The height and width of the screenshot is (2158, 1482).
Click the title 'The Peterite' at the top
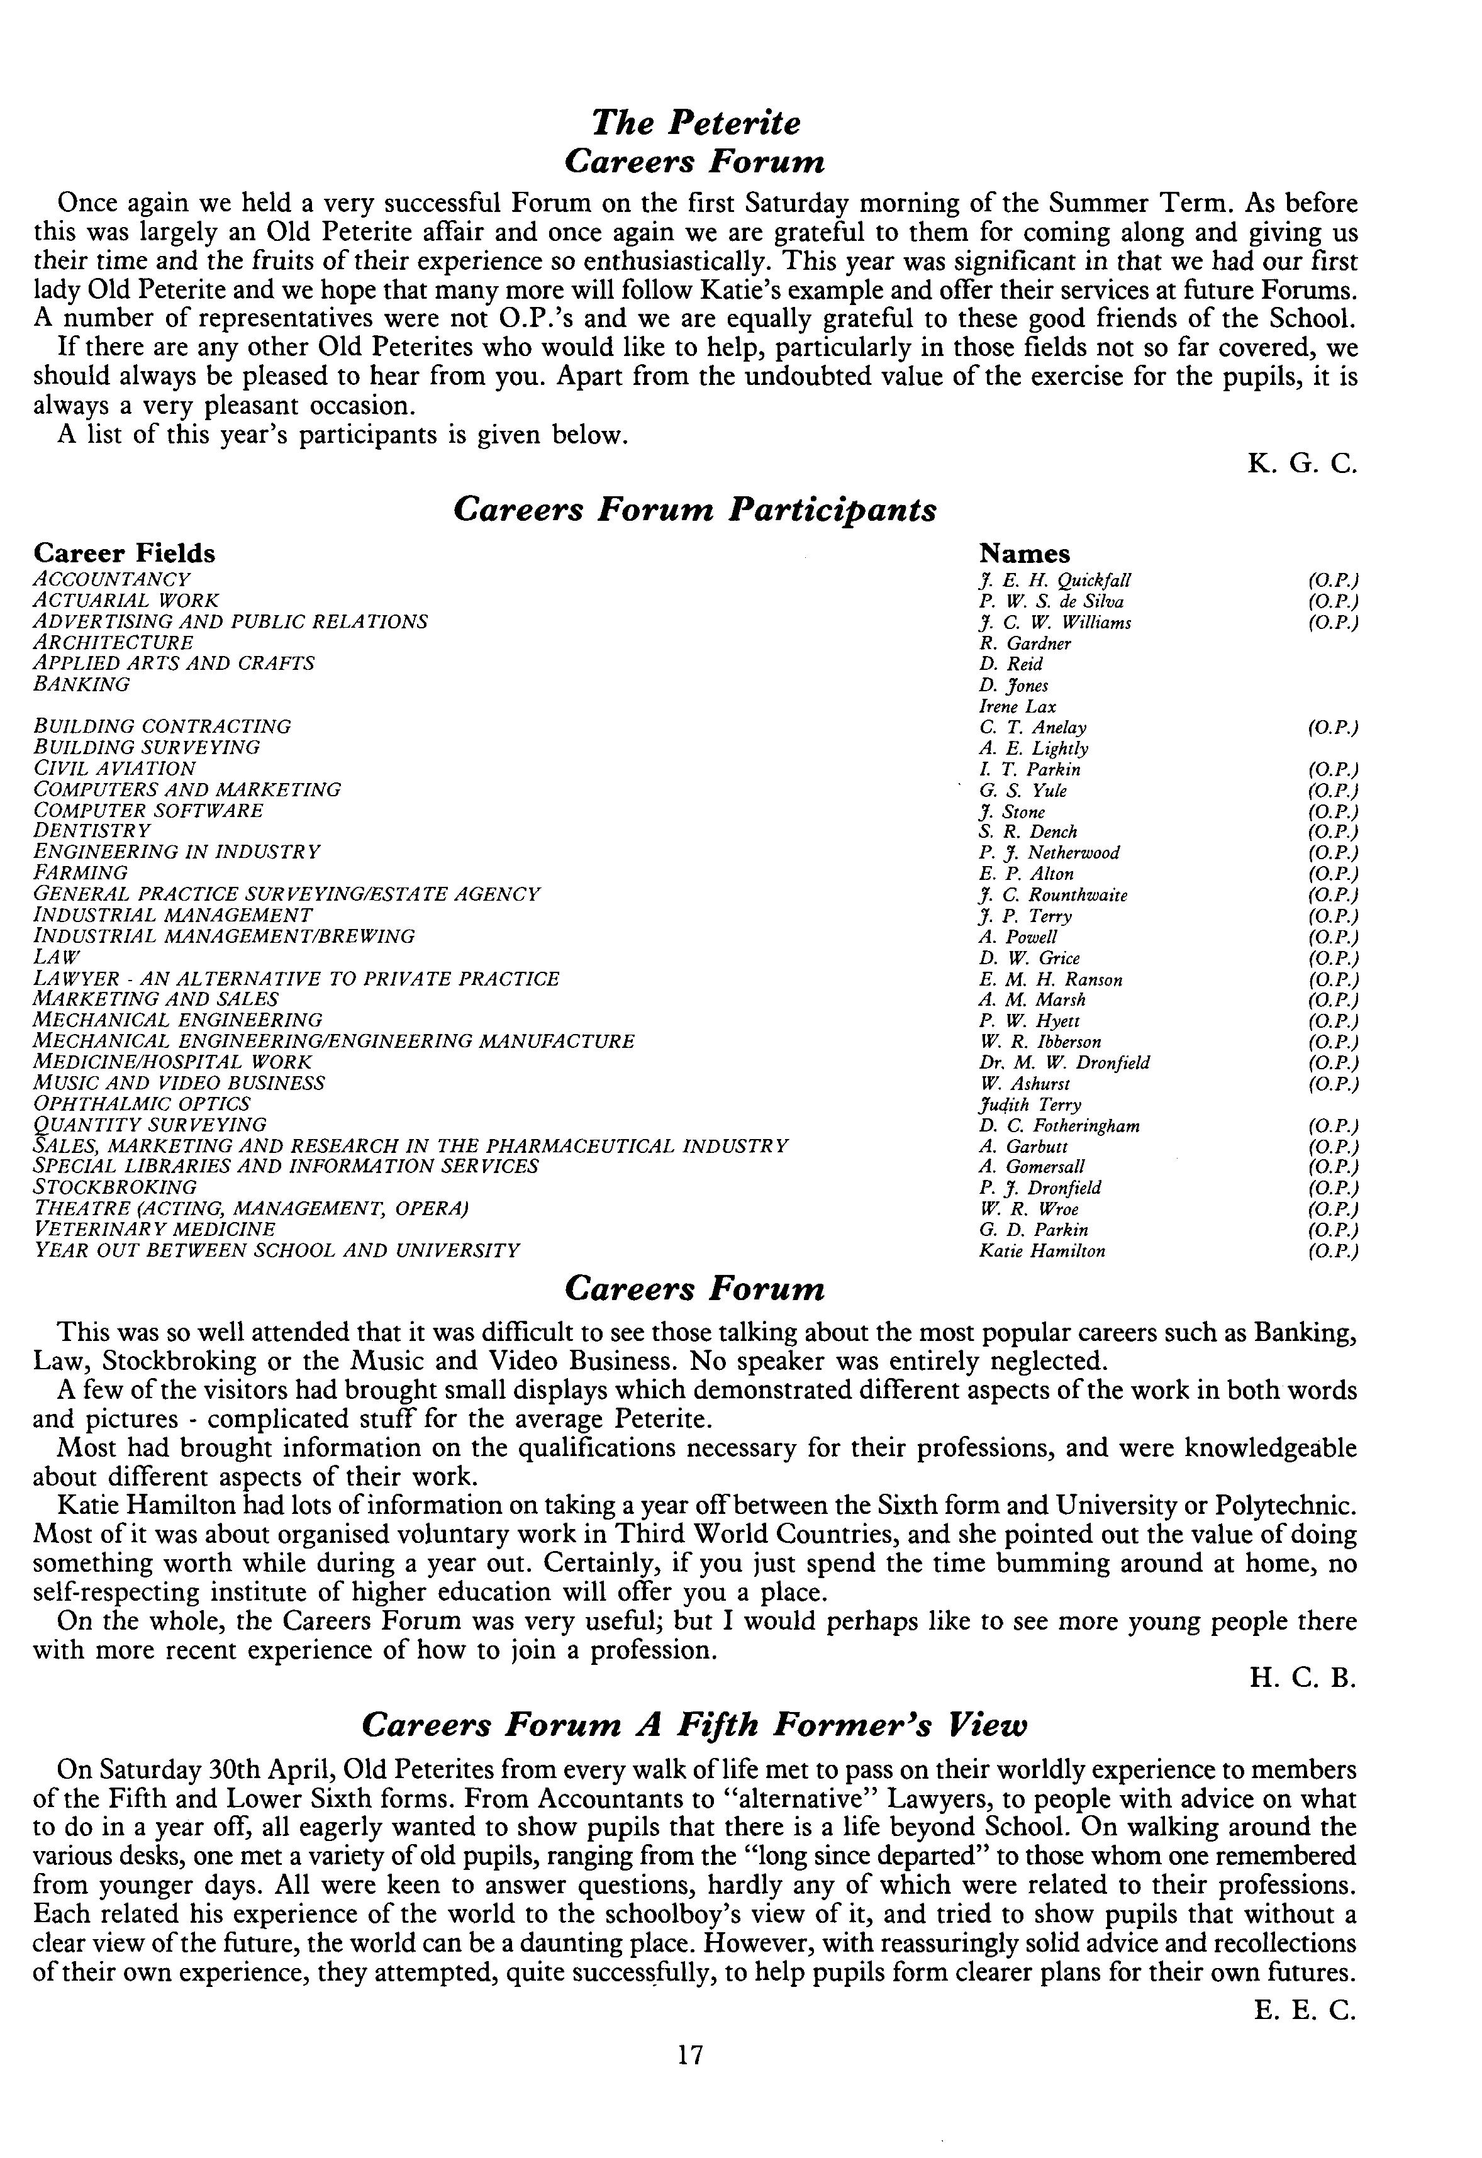pyautogui.click(x=696, y=123)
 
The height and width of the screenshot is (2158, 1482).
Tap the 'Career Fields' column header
pyautogui.click(x=125, y=553)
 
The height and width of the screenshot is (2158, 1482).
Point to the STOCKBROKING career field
pyautogui.click(x=115, y=1187)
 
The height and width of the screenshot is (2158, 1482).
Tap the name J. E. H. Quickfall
pyautogui.click(x=1055, y=581)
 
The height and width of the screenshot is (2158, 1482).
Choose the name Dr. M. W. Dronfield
pyautogui.click(x=1064, y=1062)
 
